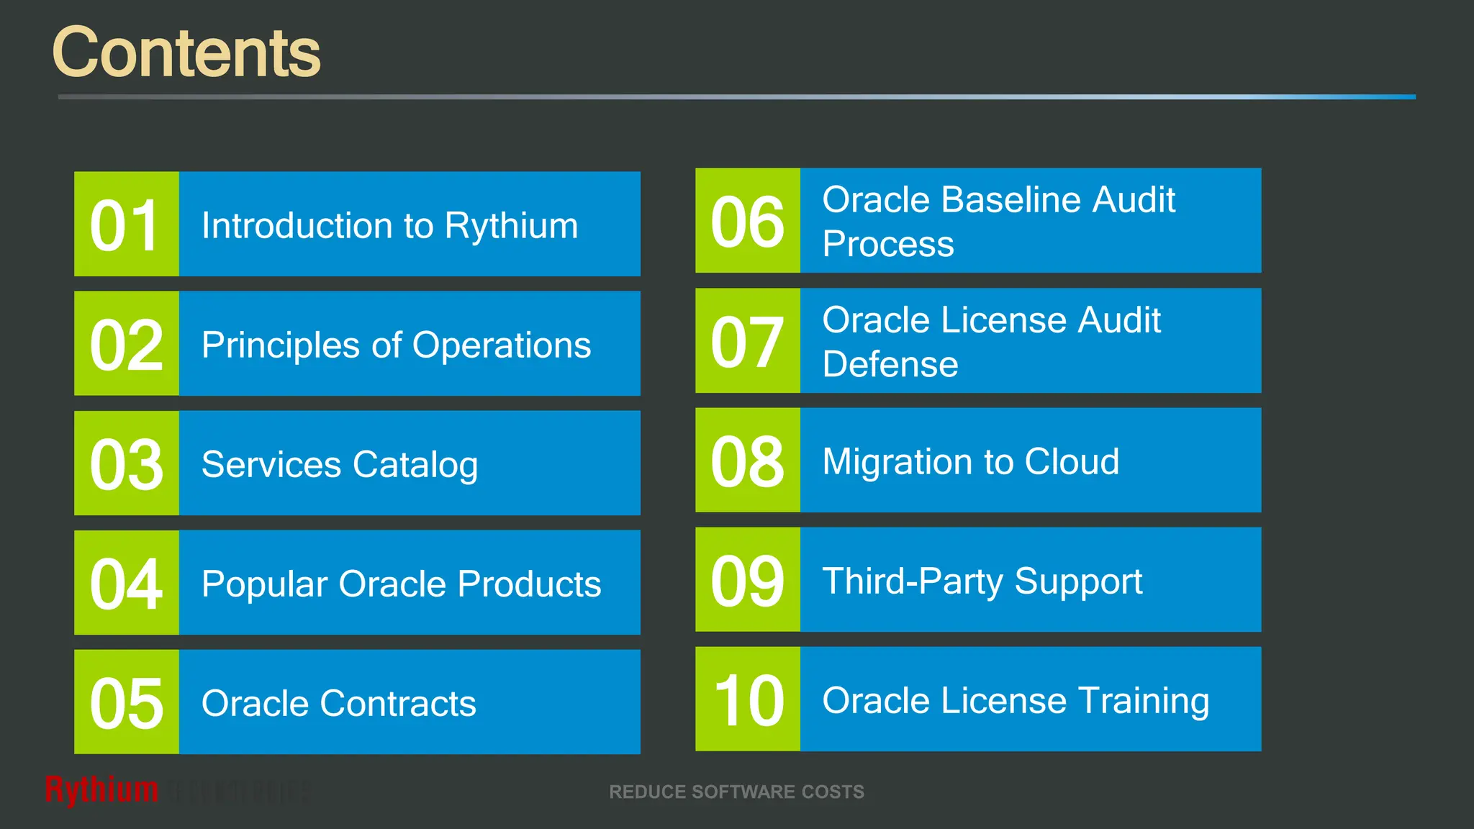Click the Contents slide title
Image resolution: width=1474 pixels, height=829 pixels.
[x=186, y=52]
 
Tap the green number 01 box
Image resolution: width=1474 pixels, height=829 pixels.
[x=126, y=225]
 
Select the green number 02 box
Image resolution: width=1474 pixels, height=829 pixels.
[x=126, y=344]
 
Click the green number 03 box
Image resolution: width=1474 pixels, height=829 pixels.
[x=126, y=463]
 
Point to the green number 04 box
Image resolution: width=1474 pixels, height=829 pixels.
[x=126, y=583]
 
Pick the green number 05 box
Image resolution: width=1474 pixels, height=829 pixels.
[x=126, y=702]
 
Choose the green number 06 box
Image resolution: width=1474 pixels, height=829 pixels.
[x=747, y=221]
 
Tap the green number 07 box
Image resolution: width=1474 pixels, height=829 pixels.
[x=747, y=341]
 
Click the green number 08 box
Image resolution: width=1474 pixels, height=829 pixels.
[x=747, y=461]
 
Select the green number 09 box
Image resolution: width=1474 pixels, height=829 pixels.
[x=747, y=580]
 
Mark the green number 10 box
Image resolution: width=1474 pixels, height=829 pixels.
[x=747, y=699]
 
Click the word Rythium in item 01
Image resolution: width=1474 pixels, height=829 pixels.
[x=511, y=226]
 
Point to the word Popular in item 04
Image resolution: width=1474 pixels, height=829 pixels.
[x=263, y=584]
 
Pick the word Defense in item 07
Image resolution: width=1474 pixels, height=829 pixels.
[x=890, y=364]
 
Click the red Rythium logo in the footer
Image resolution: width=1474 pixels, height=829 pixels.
[x=101, y=790]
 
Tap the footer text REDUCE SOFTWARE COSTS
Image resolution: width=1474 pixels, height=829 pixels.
[x=736, y=792]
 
